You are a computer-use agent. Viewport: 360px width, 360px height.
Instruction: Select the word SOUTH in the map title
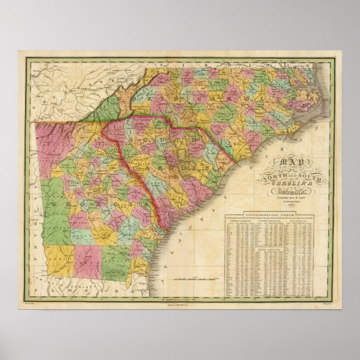pos(295,174)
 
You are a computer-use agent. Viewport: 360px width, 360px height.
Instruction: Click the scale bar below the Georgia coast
pos(185,277)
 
